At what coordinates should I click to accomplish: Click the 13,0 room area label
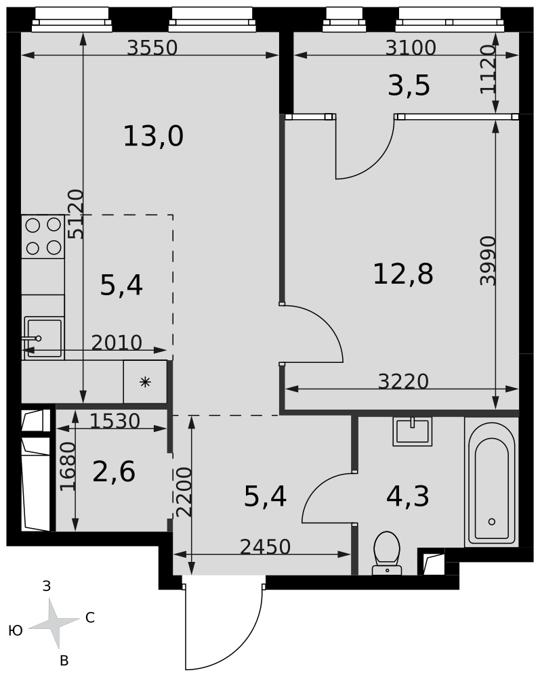point(153,136)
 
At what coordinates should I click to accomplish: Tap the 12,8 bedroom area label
point(402,274)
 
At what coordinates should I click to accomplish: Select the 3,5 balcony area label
point(409,85)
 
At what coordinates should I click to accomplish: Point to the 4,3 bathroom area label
point(408,496)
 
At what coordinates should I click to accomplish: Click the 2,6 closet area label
point(114,471)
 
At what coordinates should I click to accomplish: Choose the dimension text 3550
point(152,47)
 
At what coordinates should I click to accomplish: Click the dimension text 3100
point(411,47)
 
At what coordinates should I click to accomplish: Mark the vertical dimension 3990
point(488,261)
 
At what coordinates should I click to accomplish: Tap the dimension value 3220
point(403,381)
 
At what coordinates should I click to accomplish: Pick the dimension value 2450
point(265,547)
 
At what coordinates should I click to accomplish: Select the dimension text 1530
point(115,421)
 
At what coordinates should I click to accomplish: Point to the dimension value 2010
point(117,343)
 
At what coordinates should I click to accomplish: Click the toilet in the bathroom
point(387,554)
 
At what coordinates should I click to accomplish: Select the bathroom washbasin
point(412,431)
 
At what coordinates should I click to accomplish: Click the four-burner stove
point(43,236)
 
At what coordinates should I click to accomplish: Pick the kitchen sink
point(43,338)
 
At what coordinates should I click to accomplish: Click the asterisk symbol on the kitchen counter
point(145,382)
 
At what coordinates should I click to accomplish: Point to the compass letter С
point(90,618)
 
